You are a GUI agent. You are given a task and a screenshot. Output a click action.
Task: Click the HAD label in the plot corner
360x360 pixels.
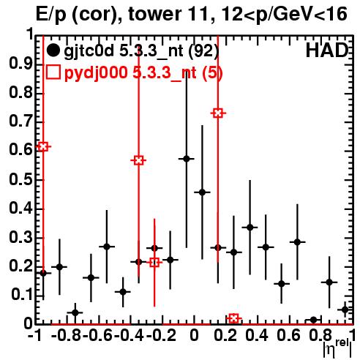[x=326, y=50]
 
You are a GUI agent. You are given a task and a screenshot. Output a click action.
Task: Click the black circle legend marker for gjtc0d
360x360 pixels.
[x=53, y=50]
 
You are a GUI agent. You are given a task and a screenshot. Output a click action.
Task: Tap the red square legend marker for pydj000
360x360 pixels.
[x=53, y=72]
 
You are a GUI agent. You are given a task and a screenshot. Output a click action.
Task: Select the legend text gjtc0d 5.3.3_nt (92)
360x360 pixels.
[x=141, y=51]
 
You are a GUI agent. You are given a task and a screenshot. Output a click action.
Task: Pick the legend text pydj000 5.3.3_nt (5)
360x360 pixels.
[x=143, y=72]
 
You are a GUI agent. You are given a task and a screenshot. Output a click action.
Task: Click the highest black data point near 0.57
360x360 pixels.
[x=187, y=159]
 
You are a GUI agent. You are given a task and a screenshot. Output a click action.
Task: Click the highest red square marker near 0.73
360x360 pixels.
[x=218, y=113]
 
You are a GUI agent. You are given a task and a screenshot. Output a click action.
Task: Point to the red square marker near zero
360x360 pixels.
[x=233, y=318]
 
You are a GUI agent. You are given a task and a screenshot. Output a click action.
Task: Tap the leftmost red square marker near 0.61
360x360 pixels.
[x=43, y=146]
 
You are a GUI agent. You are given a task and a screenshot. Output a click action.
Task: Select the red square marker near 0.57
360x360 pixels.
[x=138, y=160]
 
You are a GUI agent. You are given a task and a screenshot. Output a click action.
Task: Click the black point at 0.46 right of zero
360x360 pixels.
[x=202, y=192]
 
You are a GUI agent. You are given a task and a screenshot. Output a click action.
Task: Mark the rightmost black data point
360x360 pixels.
[x=345, y=310]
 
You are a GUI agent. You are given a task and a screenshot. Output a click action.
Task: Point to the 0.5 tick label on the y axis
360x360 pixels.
[x=21, y=180]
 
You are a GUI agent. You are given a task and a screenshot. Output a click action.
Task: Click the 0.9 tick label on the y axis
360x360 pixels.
[x=21, y=64]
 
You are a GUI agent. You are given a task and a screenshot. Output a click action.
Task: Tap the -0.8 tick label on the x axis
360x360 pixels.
[x=66, y=336]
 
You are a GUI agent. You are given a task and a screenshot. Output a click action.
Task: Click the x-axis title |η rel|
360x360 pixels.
[x=337, y=348]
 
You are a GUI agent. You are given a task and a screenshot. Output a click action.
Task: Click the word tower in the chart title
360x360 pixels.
[x=154, y=14]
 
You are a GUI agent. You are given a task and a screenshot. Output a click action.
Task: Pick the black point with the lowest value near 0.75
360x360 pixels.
[x=313, y=320]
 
